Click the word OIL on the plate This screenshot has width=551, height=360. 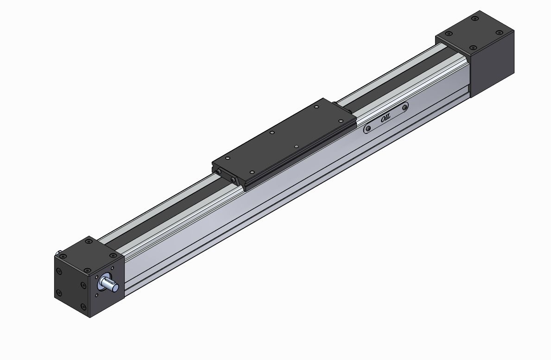(x=386, y=119)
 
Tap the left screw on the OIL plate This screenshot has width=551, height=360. (x=368, y=128)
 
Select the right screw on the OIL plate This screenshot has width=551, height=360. (x=405, y=107)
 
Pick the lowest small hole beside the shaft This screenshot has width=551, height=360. (x=97, y=295)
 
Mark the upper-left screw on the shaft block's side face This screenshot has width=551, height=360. (x=59, y=271)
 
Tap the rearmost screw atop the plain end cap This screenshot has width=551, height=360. (x=475, y=19)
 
